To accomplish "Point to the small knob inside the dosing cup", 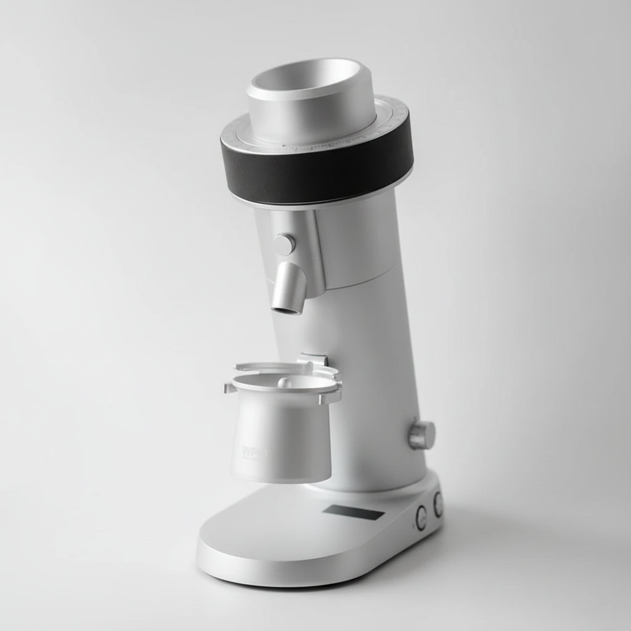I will coord(284,382).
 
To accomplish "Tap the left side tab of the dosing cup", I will coord(229,388).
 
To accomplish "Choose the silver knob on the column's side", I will coord(423,435).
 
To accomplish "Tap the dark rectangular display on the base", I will coord(354,512).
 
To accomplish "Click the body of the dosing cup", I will coord(283,438).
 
